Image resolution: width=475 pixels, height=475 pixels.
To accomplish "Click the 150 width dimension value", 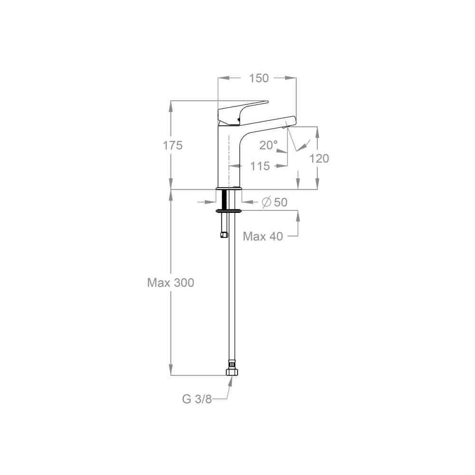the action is [x=259, y=78].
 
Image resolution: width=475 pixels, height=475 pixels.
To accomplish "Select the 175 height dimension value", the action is [x=173, y=145].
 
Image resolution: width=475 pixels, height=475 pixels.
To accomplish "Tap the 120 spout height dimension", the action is [x=319, y=159].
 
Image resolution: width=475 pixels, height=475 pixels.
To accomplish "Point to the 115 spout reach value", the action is [x=260, y=166].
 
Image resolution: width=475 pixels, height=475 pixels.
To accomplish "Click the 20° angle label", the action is [x=268, y=145].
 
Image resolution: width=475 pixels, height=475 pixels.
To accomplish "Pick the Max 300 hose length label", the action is [x=171, y=283].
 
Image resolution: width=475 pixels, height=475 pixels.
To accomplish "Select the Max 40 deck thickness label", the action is [x=263, y=236].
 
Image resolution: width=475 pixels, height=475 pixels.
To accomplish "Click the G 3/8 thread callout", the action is [x=197, y=399].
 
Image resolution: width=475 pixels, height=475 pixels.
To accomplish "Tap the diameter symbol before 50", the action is [x=266, y=202].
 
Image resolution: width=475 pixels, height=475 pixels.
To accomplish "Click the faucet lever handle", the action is [x=242, y=112].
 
